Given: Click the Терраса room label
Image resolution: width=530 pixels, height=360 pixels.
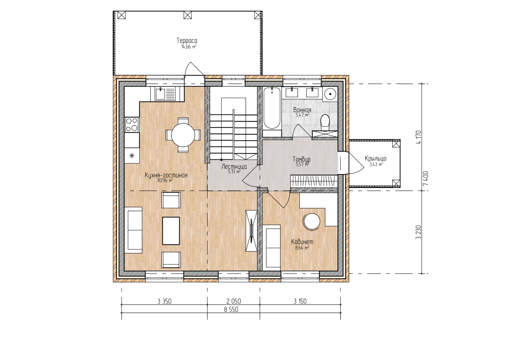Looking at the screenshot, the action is [187, 41].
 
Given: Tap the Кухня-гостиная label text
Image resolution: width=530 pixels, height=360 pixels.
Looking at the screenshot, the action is [166, 175].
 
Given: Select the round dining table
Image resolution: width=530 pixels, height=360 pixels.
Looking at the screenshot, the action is [183, 135].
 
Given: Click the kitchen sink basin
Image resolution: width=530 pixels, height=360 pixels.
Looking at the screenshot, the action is [161, 94].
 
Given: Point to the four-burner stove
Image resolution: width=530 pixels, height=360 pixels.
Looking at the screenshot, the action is [132, 125].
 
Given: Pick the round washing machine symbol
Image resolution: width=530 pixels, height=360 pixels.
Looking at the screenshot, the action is [330, 94].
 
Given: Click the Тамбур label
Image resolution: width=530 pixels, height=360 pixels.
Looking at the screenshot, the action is [302, 159].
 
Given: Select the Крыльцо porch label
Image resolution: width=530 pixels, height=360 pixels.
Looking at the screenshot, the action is [375, 158].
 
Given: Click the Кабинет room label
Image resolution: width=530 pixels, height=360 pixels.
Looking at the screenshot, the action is [302, 242].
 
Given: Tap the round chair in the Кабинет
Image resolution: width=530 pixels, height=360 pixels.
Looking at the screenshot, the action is [312, 222].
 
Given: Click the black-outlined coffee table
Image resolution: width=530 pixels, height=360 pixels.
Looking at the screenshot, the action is [171, 231].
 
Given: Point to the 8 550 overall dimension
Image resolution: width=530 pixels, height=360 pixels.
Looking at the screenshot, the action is [231, 310].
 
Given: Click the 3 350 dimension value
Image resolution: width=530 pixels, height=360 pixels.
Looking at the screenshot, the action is [164, 301].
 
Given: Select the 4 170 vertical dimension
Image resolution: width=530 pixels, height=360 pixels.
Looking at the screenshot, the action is [419, 137].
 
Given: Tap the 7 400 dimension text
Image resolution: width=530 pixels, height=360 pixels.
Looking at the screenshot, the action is [426, 179].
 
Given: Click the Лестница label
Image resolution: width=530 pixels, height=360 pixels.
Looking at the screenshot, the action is [234, 167].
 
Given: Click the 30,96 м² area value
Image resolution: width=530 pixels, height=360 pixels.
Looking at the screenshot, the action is [165, 180].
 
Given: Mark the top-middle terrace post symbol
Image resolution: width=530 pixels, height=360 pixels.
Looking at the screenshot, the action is [187, 15].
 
